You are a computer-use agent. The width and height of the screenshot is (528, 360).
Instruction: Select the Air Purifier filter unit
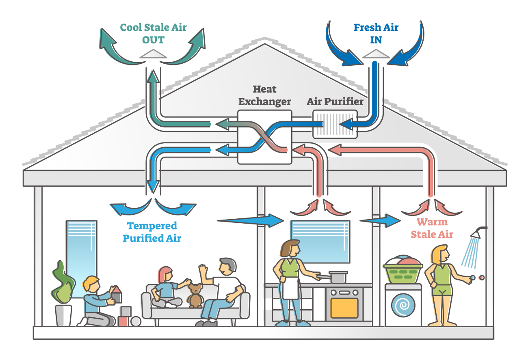[334, 124]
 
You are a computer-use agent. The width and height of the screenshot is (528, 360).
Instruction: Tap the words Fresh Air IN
[376, 34]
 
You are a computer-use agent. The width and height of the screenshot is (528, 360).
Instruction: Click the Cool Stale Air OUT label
[153, 34]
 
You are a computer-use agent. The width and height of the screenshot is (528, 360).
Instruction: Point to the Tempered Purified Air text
[152, 232]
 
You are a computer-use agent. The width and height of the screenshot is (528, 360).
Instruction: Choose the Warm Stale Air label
[432, 229]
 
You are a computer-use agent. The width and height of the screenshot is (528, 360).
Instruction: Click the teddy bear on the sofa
[195, 295]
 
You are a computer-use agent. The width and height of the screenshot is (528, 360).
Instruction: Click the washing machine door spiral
[403, 305]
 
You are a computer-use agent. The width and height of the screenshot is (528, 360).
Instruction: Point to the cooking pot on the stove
[338, 277]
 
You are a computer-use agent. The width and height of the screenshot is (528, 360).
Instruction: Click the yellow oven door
[344, 308]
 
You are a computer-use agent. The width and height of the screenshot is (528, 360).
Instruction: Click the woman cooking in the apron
[290, 280]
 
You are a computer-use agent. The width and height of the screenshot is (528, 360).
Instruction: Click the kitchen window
[320, 241]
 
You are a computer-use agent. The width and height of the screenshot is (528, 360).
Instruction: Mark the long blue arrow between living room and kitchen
[250, 220]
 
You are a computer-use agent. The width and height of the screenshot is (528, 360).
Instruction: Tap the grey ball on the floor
[135, 321]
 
